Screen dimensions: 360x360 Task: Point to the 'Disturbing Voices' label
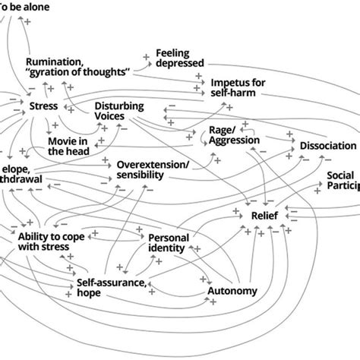pyautogui.click(x=118, y=110)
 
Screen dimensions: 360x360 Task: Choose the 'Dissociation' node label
pyautogui.click(x=327, y=145)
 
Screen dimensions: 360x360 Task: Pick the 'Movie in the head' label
pyautogui.click(x=68, y=146)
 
